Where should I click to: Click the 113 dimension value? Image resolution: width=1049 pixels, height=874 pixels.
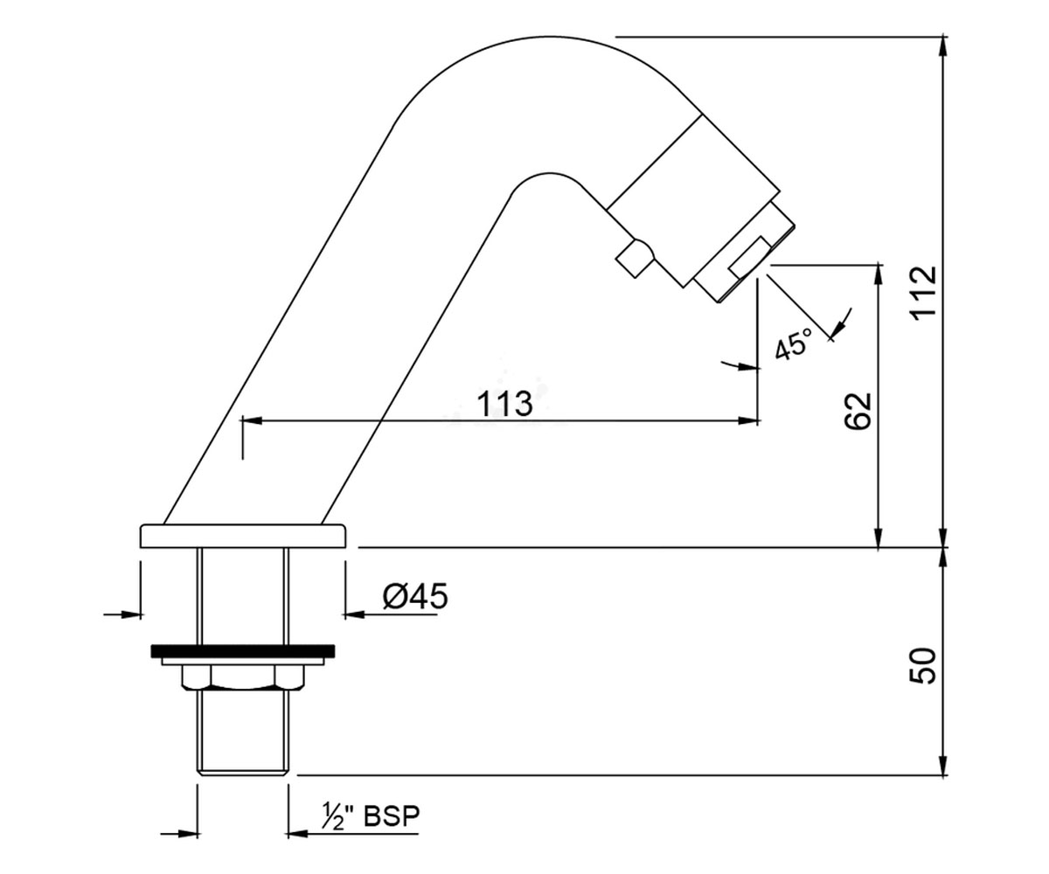coord(504,403)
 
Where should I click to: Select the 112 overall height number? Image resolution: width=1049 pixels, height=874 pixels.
coord(923,290)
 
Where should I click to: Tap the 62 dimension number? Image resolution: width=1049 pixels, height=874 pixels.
coord(857,412)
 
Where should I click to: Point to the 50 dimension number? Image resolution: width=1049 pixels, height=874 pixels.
coord(923,666)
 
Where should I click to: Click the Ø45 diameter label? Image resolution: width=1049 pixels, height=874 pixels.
coord(415,597)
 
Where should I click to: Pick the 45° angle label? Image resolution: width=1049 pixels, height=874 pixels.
coord(793,343)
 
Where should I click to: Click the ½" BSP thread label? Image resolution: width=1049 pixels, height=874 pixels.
coord(371,816)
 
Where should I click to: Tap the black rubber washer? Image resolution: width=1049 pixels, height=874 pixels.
coord(243,651)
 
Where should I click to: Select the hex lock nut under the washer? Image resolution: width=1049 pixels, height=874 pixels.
coord(243,677)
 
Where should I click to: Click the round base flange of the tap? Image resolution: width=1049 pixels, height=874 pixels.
coord(243,536)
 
